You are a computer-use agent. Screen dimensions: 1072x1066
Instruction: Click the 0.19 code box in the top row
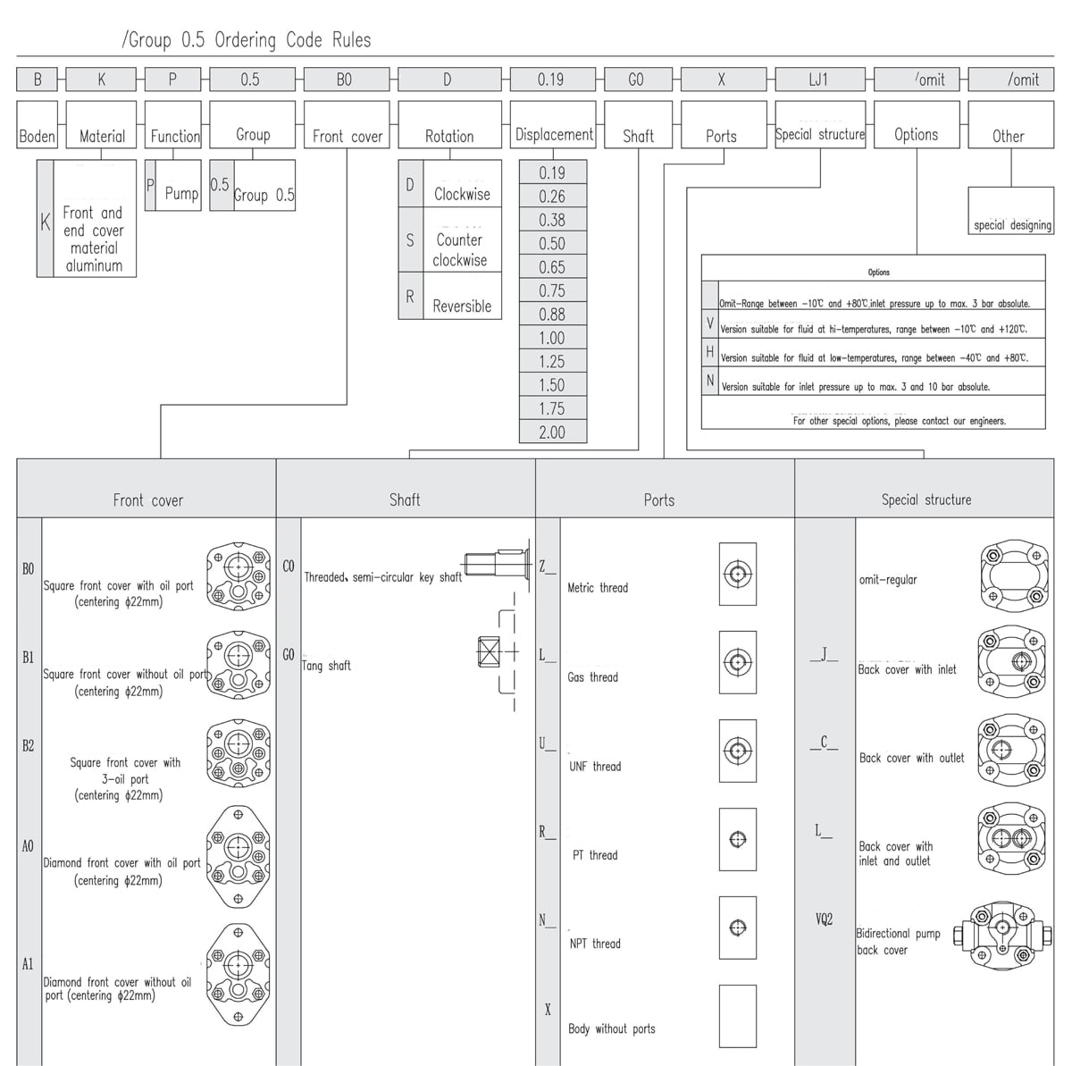(x=552, y=79)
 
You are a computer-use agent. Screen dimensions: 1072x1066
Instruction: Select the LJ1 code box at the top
(x=820, y=79)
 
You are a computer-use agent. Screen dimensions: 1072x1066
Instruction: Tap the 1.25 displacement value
(x=552, y=361)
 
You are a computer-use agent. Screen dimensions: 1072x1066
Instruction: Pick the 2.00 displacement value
(x=552, y=432)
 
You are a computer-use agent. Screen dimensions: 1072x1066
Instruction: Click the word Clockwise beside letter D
(x=462, y=194)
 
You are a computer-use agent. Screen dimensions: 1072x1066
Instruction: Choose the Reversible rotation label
(x=462, y=306)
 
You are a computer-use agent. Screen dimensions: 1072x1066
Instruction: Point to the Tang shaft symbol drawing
(x=498, y=651)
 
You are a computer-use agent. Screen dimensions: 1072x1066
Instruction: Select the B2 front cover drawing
(x=239, y=752)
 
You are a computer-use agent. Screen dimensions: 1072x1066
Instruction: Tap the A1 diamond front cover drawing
(x=239, y=974)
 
